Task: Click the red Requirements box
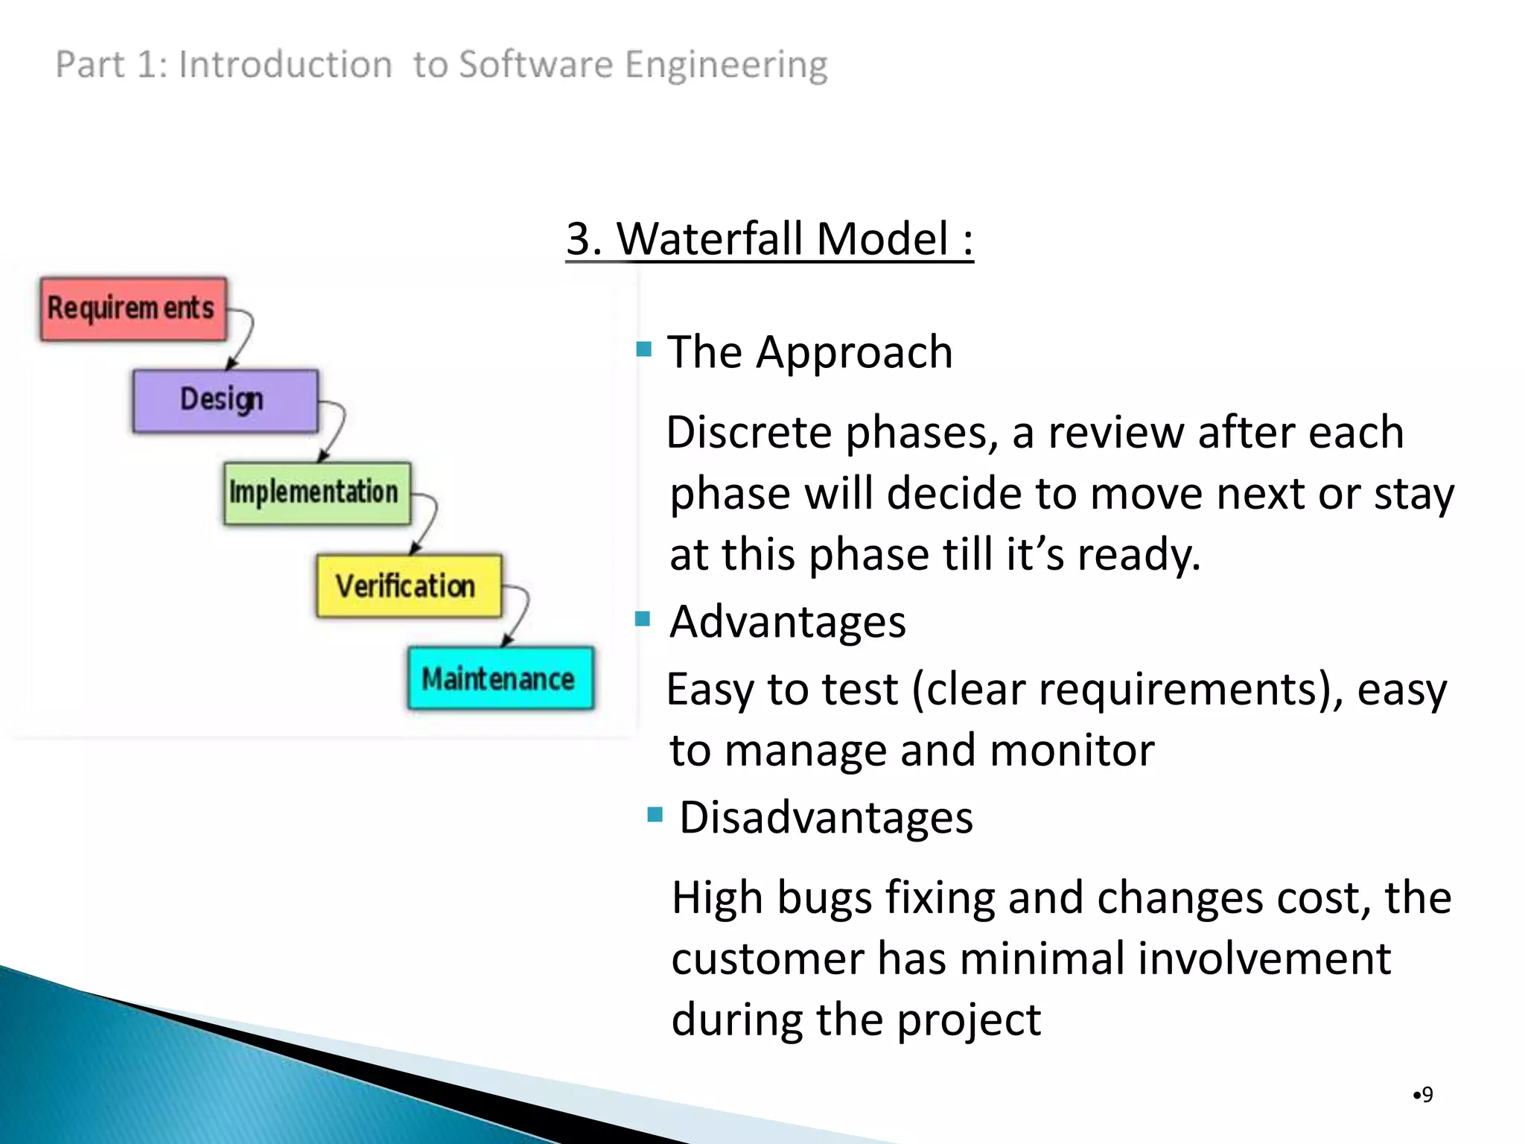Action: coord(133,309)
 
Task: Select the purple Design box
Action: coord(225,401)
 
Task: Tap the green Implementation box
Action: coord(316,493)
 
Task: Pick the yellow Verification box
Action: coord(408,586)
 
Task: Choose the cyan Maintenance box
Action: coord(500,679)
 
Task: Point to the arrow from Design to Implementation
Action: coord(337,429)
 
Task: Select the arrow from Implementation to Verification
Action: coord(428,521)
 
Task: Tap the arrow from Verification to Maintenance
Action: coord(520,614)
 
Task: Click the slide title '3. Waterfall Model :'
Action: coord(769,240)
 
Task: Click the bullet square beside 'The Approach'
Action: coord(644,349)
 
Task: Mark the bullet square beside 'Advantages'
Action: coord(643,618)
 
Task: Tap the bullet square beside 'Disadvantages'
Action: coord(655,814)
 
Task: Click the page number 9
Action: coord(1426,1094)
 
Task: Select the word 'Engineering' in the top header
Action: coord(726,66)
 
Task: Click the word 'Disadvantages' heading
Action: coord(826,818)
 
